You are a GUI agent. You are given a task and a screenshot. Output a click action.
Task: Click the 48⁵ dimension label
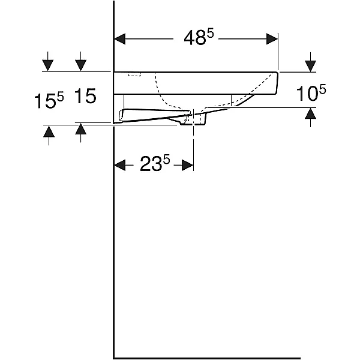[x=199, y=38]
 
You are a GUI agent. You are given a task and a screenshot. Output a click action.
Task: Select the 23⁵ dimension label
[x=155, y=163]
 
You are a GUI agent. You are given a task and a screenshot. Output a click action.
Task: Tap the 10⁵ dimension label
[x=311, y=93]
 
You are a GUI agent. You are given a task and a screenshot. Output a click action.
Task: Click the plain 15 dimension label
[x=85, y=96]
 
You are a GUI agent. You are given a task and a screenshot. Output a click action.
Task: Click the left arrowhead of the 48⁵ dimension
[x=120, y=39]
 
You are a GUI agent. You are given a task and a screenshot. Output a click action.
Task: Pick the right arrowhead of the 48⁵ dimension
[x=272, y=39]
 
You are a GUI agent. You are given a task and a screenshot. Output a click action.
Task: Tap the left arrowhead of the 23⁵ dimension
[x=120, y=165]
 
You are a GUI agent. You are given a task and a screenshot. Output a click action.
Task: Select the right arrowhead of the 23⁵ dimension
[x=188, y=165]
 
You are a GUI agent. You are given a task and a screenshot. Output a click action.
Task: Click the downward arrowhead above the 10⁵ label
[x=310, y=66]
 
